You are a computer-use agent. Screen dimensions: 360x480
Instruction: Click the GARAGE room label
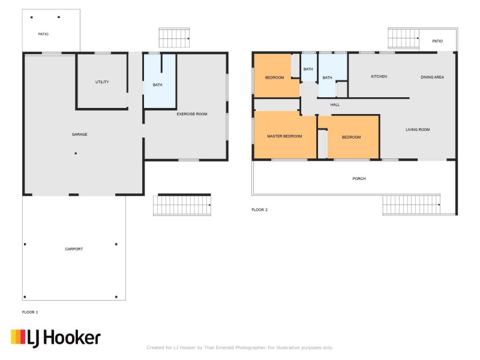(80, 134)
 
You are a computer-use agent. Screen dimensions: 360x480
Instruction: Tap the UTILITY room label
(102, 82)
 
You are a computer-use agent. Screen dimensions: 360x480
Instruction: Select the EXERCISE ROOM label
(191, 113)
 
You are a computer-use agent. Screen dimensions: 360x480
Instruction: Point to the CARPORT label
(74, 248)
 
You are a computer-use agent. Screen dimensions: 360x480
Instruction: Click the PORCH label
(359, 179)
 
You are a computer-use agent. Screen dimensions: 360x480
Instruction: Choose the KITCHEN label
(379, 77)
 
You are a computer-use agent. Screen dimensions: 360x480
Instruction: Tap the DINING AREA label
(432, 77)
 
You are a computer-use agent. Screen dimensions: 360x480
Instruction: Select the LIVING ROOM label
(418, 130)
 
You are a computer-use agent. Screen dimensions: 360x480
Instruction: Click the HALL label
(335, 104)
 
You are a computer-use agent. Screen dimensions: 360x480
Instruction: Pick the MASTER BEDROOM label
(284, 137)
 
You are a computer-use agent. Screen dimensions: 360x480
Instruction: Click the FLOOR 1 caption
(30, 313)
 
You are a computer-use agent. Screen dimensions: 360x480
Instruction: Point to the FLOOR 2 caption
(259, 210)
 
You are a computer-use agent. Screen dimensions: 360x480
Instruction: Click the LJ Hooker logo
(55, 338)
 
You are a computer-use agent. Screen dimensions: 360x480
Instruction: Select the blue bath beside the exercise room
(158, 84)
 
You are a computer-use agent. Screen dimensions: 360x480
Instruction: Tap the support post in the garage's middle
(76, 154)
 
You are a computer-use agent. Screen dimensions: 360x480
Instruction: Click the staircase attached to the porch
(411, 205)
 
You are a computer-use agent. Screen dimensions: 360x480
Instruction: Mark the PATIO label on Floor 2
(437, 41)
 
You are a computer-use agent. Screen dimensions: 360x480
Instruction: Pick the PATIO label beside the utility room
(43, 34)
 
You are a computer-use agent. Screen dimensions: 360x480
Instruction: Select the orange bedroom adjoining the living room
(352, 137)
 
